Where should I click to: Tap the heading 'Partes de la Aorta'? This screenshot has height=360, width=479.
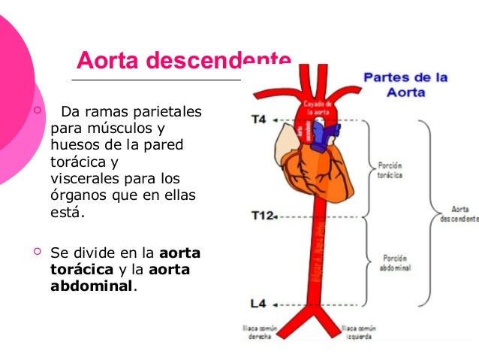pos(405,84)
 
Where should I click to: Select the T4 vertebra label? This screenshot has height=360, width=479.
pos(258,119)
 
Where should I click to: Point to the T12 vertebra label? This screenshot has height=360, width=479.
pos(262,216)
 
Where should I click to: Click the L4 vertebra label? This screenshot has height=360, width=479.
pos(258,304)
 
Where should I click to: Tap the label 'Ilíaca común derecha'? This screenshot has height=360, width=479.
pos(257,332)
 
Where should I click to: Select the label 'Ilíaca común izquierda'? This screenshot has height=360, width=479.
pos(358,332)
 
